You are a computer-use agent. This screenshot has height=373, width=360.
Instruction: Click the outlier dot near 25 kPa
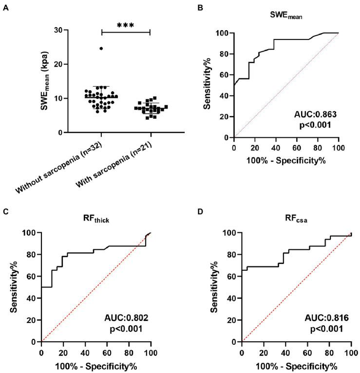(101, 48)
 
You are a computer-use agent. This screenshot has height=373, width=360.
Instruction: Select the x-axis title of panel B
(286, 159)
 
